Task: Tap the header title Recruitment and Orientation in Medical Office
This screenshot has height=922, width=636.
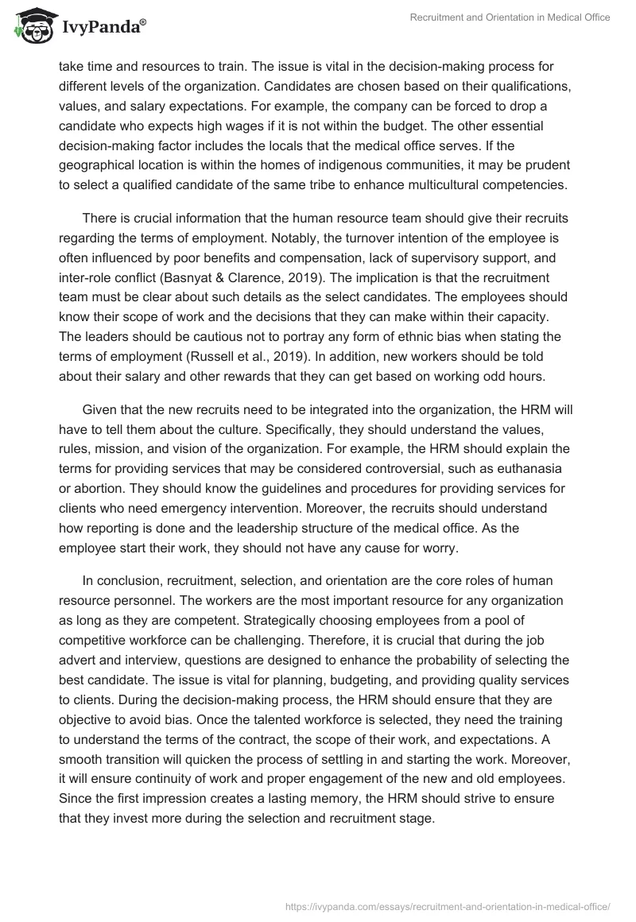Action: click(510, 17)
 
